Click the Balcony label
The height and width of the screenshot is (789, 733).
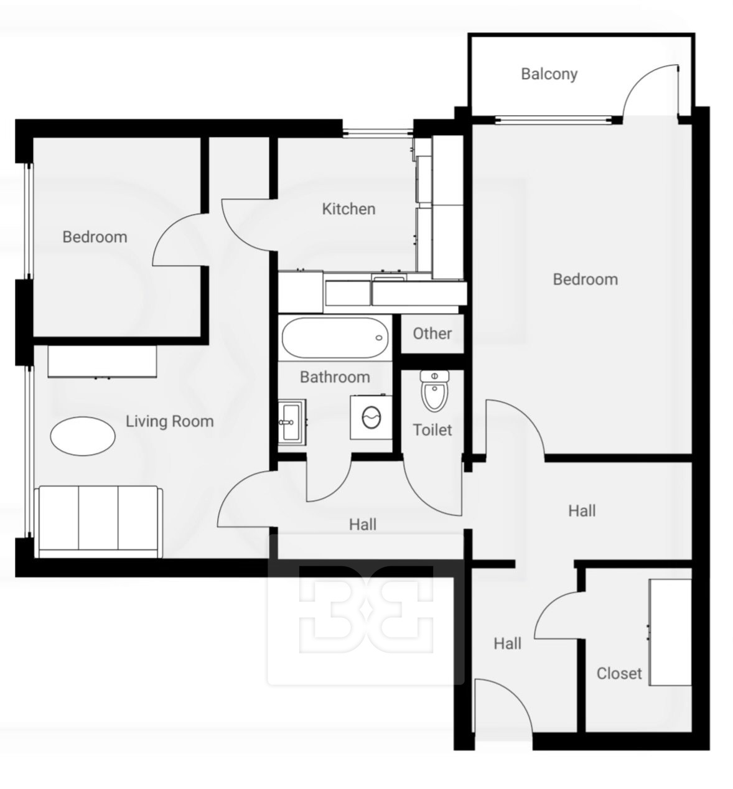click(549, 74)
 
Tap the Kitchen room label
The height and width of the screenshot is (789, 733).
click(348, 209)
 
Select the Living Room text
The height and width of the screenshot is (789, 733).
click(170, 421)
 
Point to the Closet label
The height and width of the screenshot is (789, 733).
click(619, 673)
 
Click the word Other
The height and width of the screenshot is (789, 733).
click(432, 334)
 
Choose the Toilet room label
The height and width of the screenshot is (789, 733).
click(432, 430)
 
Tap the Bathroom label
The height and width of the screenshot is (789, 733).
click(335, 377)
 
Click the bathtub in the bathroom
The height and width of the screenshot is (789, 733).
click(335, 338)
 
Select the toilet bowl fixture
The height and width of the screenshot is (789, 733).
click(434, 391)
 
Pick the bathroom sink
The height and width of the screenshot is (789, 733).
click(292, 422)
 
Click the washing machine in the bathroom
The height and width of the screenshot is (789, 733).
click(371, 417)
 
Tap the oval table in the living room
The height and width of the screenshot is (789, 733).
click(83, 436)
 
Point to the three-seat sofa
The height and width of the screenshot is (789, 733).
click(99, 521)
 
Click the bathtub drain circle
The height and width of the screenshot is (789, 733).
click(378, 338)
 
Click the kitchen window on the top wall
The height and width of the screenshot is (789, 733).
click(378, 133)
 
